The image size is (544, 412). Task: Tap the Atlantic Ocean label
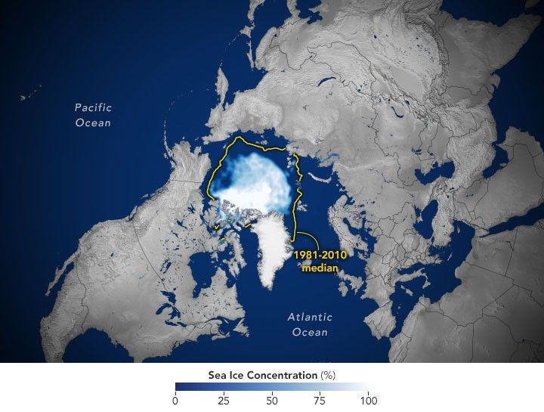(x=308, y=324)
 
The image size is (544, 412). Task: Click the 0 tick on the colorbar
(x=175, y=400)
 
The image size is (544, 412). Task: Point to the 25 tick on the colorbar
(x=224, y=400)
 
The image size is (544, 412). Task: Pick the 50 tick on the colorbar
(x=272, y=400)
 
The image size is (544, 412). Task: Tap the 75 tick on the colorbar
(x=320, y=400)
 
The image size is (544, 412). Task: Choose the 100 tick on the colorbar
(x=368, y=400)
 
